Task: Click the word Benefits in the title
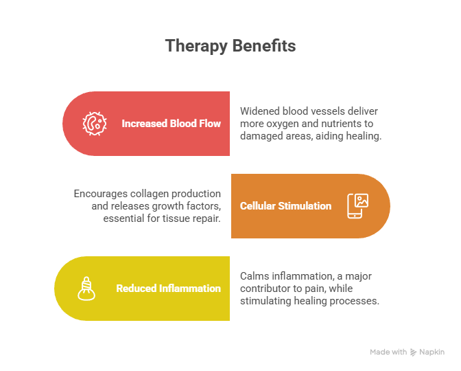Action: coord(263,46)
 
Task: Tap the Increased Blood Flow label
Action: coord(171,124)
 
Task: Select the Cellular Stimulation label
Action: coord(285,206)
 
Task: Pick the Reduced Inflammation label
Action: coord(168,289)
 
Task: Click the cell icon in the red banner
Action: coord(95,124)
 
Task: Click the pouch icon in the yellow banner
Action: coord(86,288)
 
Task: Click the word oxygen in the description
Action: coord(283,124)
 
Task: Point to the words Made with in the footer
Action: coord(388,352)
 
